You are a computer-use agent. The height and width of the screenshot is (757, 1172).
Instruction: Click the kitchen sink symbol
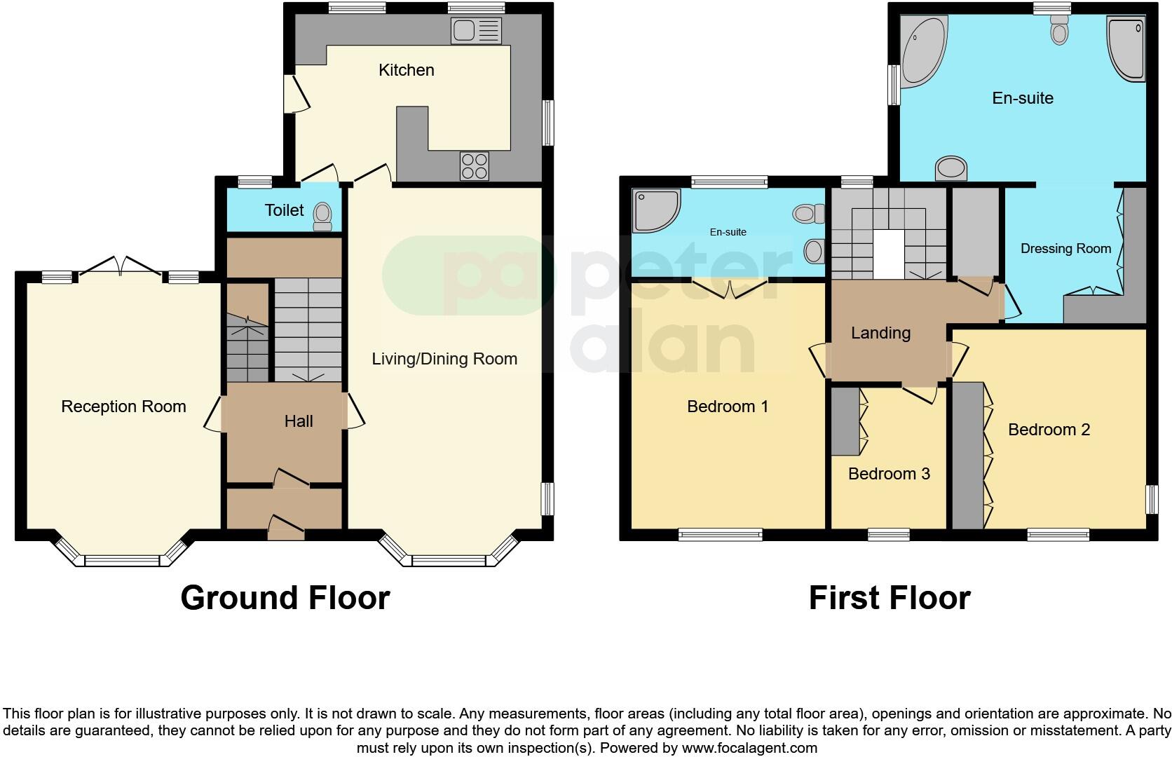coord(477,31)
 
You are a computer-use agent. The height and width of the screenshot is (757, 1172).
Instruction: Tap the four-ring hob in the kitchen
coord(474,165)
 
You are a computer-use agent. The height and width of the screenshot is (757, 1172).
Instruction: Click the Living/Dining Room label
coord(444,359)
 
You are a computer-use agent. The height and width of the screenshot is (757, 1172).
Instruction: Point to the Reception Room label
coord(123,407)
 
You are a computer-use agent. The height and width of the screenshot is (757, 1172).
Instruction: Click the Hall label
coord(299,421)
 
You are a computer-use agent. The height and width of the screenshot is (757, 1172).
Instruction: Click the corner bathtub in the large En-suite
coord(921,50)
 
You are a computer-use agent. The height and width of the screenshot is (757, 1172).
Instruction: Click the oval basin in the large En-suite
coord(951,168)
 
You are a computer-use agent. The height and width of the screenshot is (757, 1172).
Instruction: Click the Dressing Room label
coord(1065,249)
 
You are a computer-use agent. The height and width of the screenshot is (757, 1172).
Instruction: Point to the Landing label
coord(880,333)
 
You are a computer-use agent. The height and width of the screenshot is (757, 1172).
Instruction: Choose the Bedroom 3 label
coord(889,474)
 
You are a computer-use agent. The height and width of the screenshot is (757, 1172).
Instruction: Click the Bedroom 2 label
coord(1049,430)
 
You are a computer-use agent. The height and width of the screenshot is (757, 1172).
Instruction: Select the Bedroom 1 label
coord(728,407)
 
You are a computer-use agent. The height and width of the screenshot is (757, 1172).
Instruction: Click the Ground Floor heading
coord(285,598)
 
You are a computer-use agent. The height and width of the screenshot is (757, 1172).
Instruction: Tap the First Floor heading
coord(889,598)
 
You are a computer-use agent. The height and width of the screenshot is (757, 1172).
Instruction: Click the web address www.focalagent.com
coord(749,748)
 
